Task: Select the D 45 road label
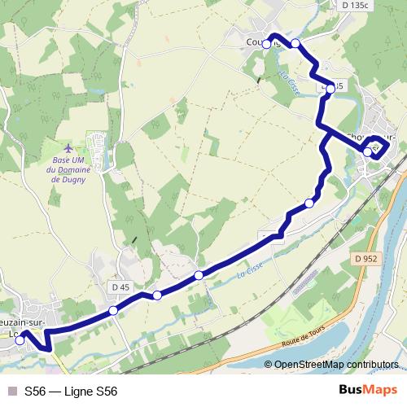[120, 287]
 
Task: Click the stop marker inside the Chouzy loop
[368, 151]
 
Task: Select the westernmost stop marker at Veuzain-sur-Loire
[20, 340]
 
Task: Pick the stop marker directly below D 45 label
[113, 311]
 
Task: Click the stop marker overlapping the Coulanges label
[267, 44]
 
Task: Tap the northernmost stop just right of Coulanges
[295, 43]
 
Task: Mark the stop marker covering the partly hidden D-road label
[330, 86]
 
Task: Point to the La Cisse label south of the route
[247, 276]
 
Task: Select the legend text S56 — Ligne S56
[71, 392]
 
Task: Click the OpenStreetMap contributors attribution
[336, 365]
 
